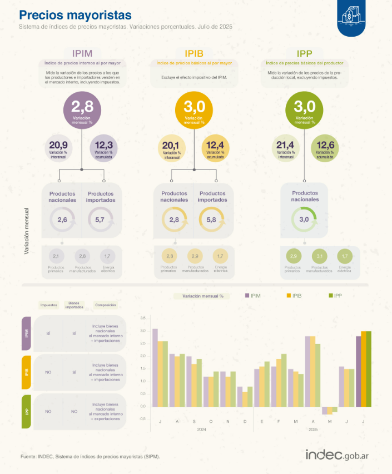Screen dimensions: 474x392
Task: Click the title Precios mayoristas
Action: (x=75, y=14)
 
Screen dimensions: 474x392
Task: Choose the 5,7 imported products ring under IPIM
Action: (x=100, y=220)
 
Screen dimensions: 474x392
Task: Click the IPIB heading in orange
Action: (x=193, y=53)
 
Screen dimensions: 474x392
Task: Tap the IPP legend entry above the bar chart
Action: (x=335, y=296)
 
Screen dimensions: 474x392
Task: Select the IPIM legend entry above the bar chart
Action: (x=253, y=296)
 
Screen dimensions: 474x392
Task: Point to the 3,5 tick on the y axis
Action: (x=143, y=318)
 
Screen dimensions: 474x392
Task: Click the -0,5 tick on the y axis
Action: (x=142, y=418)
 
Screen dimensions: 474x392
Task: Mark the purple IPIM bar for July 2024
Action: (x=155, y=367)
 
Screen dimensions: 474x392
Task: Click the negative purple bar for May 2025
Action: (x=325, y=411)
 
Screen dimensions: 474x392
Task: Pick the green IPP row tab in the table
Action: (x=26, y=412)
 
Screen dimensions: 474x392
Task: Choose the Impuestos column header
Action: (x=48, y=305)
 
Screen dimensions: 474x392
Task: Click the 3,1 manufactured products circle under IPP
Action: (x=319, y=256)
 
